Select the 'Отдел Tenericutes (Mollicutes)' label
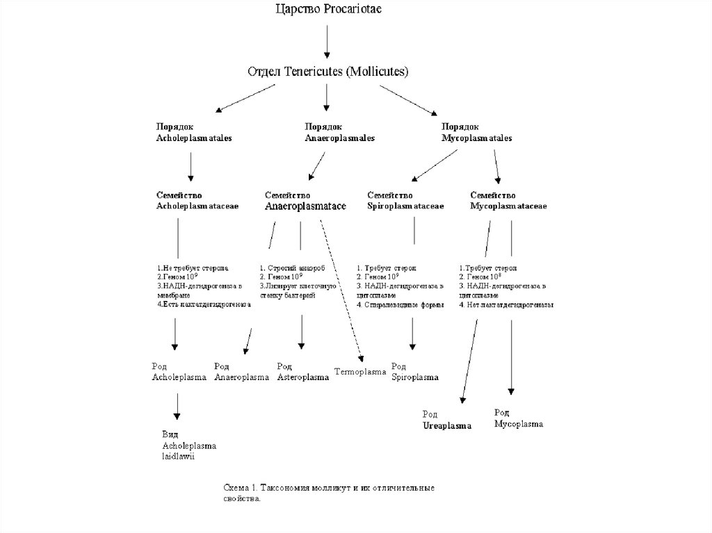tap(328, 72)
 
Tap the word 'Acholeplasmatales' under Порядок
tap(194, 138)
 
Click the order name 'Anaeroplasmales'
tap(340, 138)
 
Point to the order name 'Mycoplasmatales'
tap(477, 138)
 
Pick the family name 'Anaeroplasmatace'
tap(305, 206)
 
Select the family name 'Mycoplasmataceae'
tap(508, 206)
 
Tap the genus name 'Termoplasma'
tap(360, 372)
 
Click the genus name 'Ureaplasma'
tap(447, 425)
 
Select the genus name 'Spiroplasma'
tap(415, 377)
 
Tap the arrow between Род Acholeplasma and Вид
tap(177, 406)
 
